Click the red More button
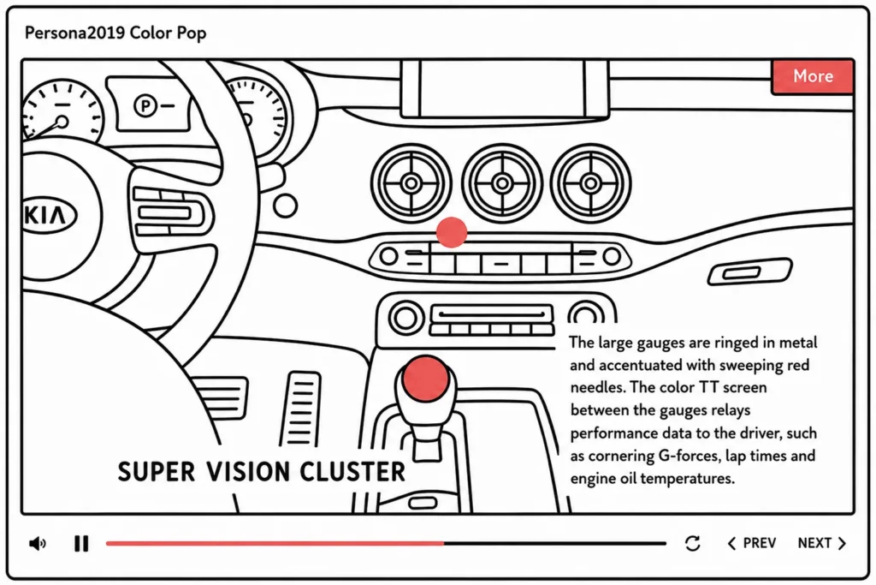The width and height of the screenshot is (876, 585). pos(813,76)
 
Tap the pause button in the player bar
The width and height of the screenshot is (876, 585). pos(81,543)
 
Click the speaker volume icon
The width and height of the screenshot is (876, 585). pos(38,543)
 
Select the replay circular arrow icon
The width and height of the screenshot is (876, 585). pos(692,543)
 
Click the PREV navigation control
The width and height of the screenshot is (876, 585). pos(752,543)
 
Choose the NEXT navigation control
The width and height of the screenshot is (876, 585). pos(822,543)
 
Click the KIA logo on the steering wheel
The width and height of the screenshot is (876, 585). pos(48,215)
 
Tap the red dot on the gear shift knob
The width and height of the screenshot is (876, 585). pos(426,378)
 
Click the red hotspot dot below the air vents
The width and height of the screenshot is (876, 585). pos(452,232)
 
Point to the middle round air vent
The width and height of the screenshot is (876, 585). pos(501,183)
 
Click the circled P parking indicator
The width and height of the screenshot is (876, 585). pos(145,105)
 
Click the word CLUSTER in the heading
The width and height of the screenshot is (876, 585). pos(352,471)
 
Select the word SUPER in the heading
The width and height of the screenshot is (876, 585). pos(157,471)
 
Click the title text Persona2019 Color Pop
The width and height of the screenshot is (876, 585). pos(115,33)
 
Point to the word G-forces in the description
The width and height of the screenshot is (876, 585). pos(689,456)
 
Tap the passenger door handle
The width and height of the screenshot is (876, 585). pos(749,272)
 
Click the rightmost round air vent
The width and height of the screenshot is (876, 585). pos(590,183)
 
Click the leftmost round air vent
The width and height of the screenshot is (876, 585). pos(411,183)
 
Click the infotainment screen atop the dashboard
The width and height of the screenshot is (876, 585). pos(505,88)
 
